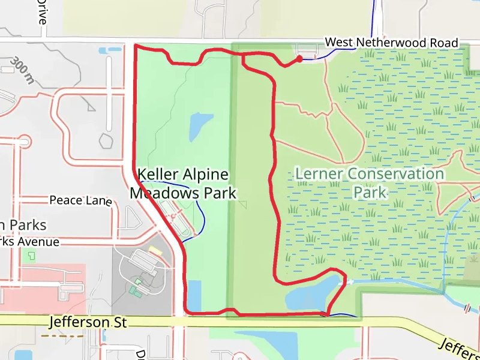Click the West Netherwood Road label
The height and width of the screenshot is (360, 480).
point(391,43)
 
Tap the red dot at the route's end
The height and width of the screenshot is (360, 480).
point(299,58)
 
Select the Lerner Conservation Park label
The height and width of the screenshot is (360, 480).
point(370,183)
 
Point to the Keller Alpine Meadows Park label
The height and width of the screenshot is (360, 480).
point(183,184)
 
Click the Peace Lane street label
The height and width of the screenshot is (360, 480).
point(80,200)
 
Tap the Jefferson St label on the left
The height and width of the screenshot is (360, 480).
point(88,323)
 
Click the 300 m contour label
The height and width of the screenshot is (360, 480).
point(22,70)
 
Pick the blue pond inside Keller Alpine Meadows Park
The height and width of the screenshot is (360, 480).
point(200,125)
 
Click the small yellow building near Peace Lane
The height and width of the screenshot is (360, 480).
point(155,250)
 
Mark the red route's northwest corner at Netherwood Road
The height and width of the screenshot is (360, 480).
point(134,46)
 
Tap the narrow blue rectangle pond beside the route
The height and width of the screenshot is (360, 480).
point(193,294)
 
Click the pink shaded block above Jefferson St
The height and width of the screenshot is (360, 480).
point(42,288)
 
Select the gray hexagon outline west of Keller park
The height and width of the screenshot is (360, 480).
point(106,142)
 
